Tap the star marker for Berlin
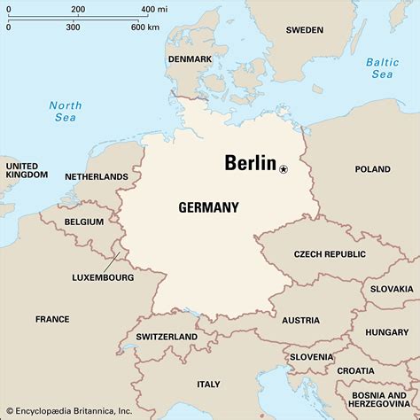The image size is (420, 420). tap(284, 168)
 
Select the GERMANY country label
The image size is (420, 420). tap(208, 207)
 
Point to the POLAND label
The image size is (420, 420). tap(372, 169)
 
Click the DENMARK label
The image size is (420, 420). tap(190, 59)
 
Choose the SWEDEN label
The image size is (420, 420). tap(305, 30)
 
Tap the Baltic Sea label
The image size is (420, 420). tap(384, 68)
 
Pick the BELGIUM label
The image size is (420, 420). tap(84, 222)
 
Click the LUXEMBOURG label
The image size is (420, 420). tap(103, 277)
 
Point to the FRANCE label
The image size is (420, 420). tap(52, 319)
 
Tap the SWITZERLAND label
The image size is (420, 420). tap(167, 338)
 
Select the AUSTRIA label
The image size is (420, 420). tap(301, 320)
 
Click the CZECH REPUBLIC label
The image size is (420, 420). tap(330, 254)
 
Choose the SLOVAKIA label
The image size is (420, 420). tap(392, 289)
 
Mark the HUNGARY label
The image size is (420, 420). tap(386, 332)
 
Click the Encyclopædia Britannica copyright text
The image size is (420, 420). tap(69, 412)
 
